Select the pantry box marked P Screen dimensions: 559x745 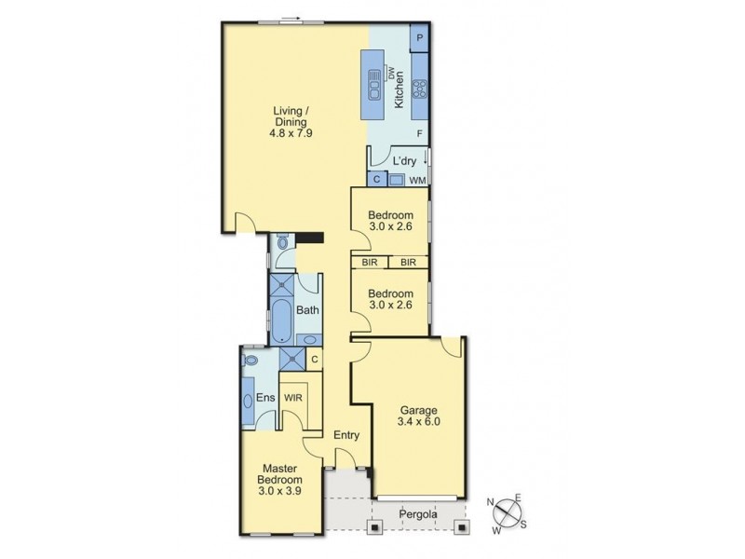pos(420,38)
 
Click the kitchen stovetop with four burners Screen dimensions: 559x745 pos(419,89)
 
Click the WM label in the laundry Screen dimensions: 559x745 pos(417,179)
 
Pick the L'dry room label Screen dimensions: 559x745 pos(403,160)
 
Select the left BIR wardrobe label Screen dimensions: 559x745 pos(370,264)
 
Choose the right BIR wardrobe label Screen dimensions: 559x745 pos(408,264)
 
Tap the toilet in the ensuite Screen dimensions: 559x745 pos(249,360)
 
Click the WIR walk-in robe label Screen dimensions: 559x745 pos(292,395)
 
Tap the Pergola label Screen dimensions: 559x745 pos(416,513)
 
